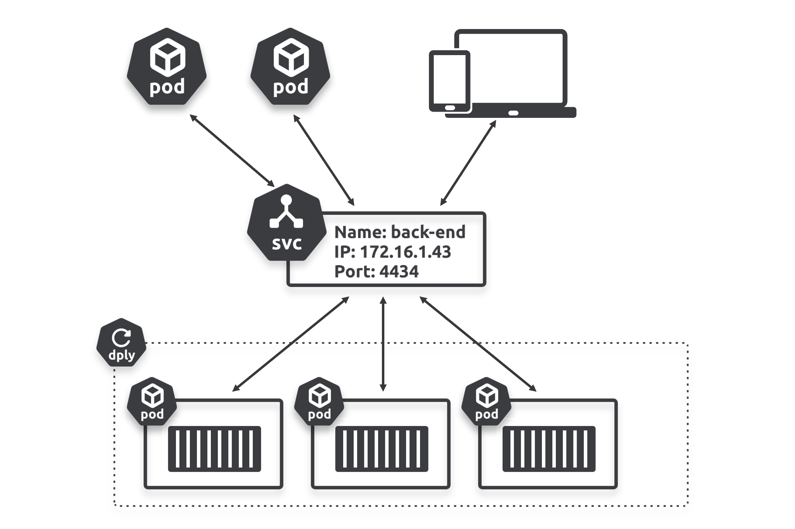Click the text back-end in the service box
[428, 232]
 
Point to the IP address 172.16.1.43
[405, 252]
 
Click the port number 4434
[399, 271]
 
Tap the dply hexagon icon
[121, 343]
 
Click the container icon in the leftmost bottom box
[214, 449]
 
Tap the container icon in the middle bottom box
[382, 449]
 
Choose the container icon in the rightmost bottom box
[549, 449]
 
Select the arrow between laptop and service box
[468, 163]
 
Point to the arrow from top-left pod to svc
[232, 150]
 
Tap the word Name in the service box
[360, 232]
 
